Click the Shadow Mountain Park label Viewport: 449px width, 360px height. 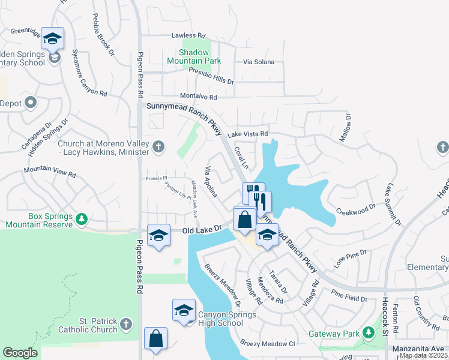pyautogui.click(x=194, y=56)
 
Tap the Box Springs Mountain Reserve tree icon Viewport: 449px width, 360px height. pyautogui.click(x=82, y=220)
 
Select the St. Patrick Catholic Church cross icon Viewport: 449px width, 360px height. pyautogui.click(x=125, y=325)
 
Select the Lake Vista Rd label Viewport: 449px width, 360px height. pyautogui.click(x=247, y=134)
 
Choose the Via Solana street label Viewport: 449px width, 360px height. pyautogui.click(x=258, y=62)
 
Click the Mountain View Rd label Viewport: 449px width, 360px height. pyautogui.click(x=50, y=172)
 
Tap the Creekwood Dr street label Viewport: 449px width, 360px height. pyautogui.click(x=355, y=212)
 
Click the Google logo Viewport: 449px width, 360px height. pyautogui.click(x=20, y=352)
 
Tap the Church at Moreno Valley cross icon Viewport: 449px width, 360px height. pyautogui.click(x=158, y=146)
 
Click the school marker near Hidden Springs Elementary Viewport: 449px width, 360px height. pyautogui.click(x=53, y=38)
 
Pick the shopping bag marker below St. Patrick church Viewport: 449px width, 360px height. pyautogui.click(x=155, y=337)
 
